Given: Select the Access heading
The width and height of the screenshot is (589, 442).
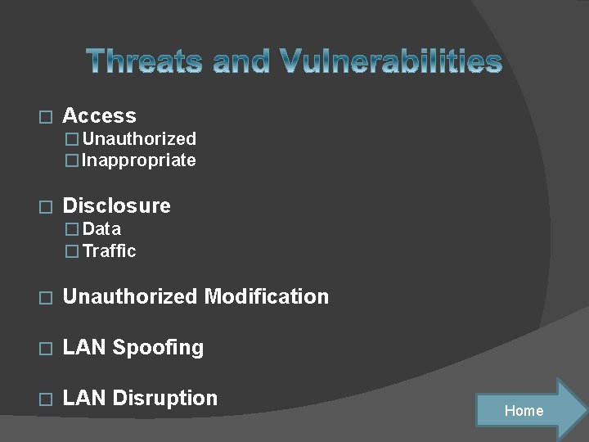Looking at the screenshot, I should (x=99, y=116).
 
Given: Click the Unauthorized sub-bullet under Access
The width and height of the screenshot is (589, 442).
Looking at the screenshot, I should (x=139, y=139).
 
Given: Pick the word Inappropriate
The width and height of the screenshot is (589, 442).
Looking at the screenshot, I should (x=139, y=160).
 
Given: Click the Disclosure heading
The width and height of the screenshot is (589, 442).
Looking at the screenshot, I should (x=116, y=205).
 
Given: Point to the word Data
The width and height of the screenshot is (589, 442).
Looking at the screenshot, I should (x=101, y=229).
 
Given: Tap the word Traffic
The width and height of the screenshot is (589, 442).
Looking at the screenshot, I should (x=109, y=251).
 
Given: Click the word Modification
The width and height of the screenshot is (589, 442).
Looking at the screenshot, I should (x=266, y=296).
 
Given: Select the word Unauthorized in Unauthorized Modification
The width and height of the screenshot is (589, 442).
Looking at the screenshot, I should (x=130, y=296).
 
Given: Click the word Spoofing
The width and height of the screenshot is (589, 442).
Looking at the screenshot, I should (x=158, y=347).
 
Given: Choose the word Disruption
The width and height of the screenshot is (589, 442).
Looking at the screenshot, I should (x=164, y=398).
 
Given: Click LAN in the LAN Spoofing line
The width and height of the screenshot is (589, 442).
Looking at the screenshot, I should (x=84, y=347).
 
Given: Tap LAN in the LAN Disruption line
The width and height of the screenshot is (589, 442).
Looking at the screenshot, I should (x=84, y=398).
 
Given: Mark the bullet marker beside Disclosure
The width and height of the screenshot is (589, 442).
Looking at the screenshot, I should (x=46, y=207).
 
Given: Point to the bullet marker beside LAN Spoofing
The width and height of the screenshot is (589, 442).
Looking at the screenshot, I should (x=46, y=349).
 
